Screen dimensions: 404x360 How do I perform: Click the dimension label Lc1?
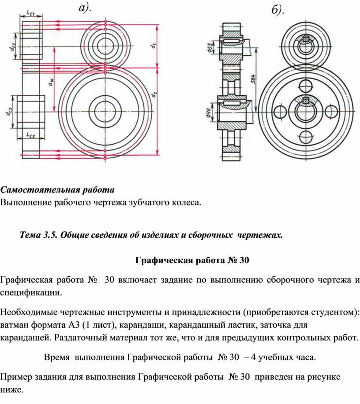pos(30,13)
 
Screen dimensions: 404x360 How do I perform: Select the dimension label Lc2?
pos(30,134)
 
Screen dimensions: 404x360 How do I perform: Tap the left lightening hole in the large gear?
pos(280,110)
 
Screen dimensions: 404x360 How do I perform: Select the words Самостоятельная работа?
pos(57,190)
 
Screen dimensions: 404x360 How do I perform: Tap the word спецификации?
pos(31,292)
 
